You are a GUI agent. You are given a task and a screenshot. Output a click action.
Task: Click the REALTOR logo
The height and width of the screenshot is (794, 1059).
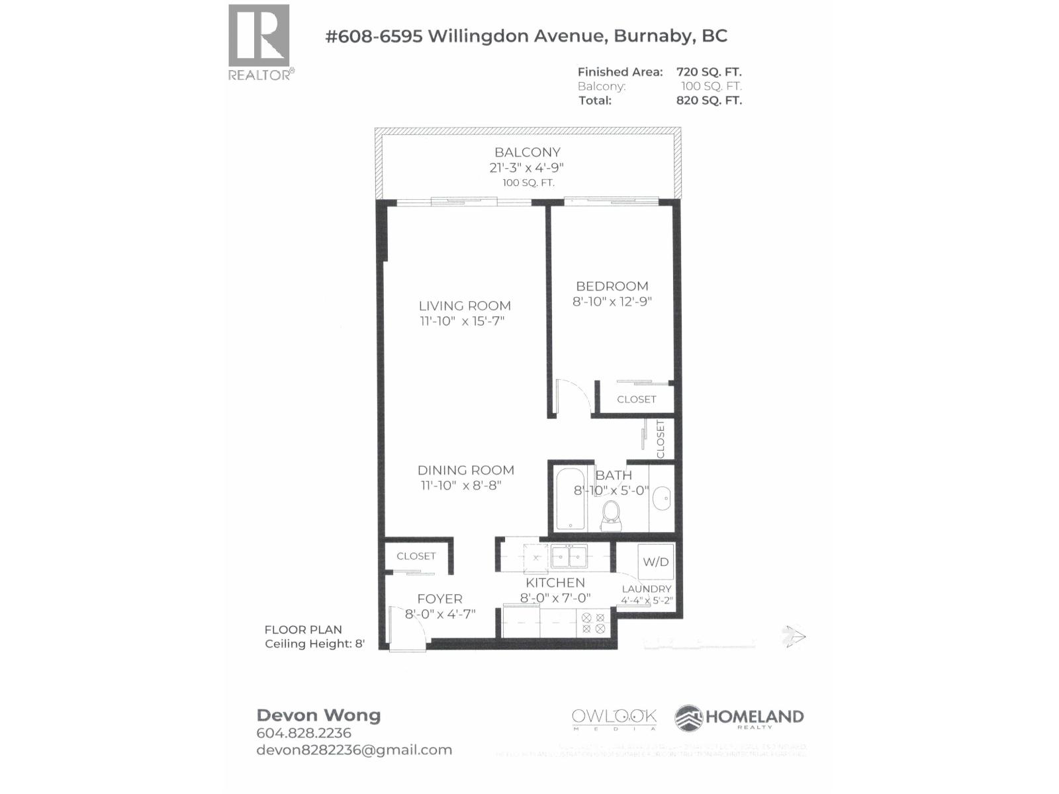(x=259, y=41)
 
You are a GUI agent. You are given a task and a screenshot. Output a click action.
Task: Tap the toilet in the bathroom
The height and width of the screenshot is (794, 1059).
(x=611, y=516)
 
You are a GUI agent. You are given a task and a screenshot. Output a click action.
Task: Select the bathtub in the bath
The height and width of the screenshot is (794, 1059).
(x=570, y=499)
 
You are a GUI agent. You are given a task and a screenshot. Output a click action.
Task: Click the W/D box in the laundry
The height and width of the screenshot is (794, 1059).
(x=656, y=562)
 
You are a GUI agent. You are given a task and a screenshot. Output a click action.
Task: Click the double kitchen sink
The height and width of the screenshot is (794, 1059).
(x=569, y=556)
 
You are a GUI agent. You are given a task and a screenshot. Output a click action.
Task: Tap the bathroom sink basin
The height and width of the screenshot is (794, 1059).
(x=661, y=498)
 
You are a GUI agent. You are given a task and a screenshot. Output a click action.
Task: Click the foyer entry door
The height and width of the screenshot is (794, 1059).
(x=407, y=632)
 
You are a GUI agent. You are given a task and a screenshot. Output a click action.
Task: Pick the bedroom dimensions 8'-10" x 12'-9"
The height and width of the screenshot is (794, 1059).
(x=612, y=302)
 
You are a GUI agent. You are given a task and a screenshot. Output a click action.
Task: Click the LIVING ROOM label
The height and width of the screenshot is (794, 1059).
(x=465, y=306)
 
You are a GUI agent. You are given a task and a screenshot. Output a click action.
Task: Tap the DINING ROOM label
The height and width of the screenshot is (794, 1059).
(x=465, y=470)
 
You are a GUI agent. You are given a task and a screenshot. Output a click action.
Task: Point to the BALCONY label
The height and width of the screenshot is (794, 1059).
(x=528, y=152)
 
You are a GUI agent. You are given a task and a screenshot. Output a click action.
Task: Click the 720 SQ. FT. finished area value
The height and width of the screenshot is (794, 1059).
(x=709, y=71)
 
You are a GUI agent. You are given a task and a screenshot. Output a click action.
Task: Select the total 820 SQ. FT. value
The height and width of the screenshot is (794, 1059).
(x=709, y=101)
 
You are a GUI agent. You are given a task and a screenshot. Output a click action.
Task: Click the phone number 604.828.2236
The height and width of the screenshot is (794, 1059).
(x=304, y=733)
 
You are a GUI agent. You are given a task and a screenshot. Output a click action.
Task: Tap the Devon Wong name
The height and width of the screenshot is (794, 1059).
(x=318, y=715)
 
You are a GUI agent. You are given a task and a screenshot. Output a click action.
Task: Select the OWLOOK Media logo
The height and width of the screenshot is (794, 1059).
(x=614, y=719)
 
